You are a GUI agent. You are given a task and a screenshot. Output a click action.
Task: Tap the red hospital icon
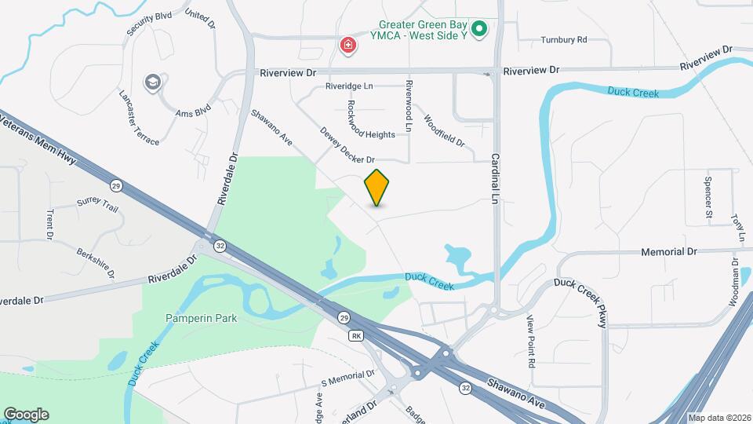pos(347,46)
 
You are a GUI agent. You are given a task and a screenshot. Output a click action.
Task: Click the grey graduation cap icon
pos(152,82)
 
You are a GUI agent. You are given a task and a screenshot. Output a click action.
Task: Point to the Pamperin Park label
pos(201,319)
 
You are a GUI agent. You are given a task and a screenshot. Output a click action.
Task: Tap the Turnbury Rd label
pos(563,40)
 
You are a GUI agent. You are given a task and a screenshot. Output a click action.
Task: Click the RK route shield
pos(357,335)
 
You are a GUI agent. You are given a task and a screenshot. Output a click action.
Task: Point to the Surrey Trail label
pos(97,205)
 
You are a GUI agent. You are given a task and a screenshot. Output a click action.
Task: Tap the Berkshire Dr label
pos(96,263)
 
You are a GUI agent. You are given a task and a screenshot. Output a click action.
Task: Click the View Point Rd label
pos(531,342)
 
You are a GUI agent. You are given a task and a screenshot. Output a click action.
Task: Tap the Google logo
pos(26,415)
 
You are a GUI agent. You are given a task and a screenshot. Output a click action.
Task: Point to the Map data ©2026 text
pos(718,418)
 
